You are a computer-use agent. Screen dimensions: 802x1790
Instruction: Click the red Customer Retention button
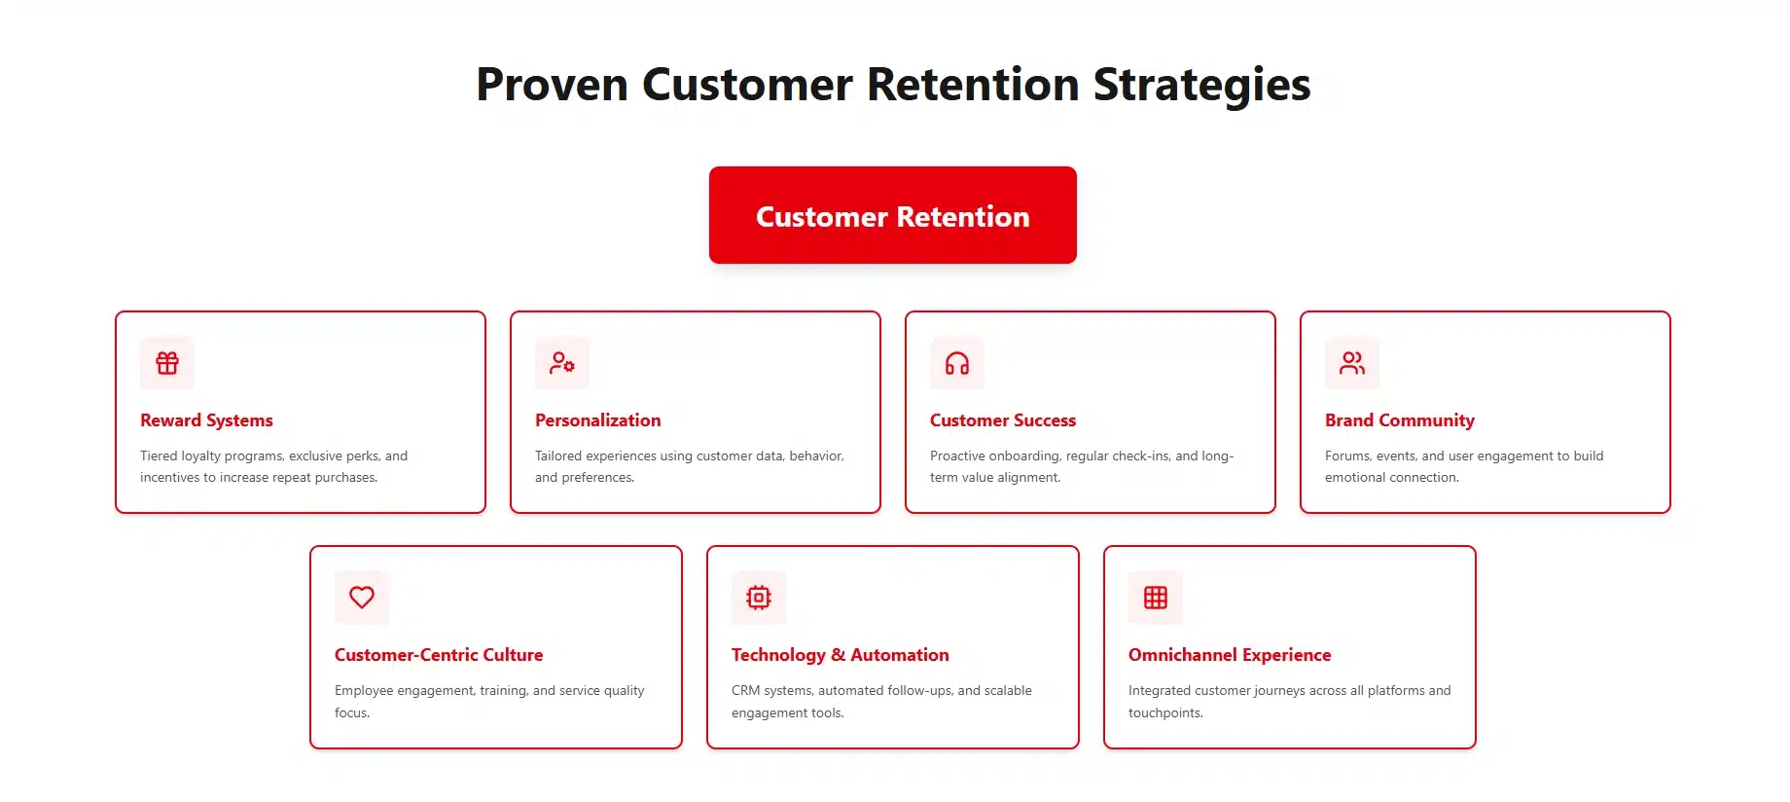pos(892,215)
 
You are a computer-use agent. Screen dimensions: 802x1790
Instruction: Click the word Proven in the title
pos(551,85)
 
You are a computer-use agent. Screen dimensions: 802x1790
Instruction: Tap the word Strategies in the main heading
pos(1201,85)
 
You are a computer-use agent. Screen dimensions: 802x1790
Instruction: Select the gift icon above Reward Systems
pos(167,363)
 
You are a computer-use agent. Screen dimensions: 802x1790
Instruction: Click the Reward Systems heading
pos(206,420)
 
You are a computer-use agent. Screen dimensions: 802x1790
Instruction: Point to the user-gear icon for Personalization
pos(562,363)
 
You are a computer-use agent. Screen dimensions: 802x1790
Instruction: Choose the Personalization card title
pos(597,420)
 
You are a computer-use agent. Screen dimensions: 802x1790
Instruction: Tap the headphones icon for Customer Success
pos(957,363)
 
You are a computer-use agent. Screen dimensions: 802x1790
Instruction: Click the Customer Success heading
pos(1002,420)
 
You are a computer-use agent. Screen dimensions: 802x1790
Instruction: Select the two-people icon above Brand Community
pos(1352,363)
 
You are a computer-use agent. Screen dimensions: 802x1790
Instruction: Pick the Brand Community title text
pos(1399,420)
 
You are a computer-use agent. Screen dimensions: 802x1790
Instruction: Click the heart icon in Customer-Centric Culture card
pos(362,598)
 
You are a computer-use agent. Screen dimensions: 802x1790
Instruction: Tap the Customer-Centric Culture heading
pos(439,655)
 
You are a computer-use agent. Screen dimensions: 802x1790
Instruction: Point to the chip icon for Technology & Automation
pos(759,598)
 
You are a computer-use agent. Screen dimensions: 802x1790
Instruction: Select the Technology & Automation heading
pos(840,655)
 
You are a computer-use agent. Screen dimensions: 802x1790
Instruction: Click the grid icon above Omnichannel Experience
pos(1156,598)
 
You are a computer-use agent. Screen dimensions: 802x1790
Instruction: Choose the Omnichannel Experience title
pos(1229,655)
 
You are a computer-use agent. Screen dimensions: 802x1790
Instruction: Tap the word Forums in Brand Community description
pos(1346,456)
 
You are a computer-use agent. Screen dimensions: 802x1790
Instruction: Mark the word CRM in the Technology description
pos(745,691)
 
